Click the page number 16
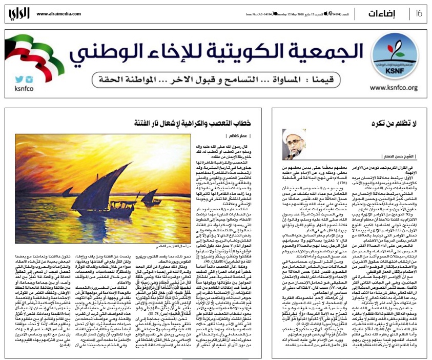coord(418,12)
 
